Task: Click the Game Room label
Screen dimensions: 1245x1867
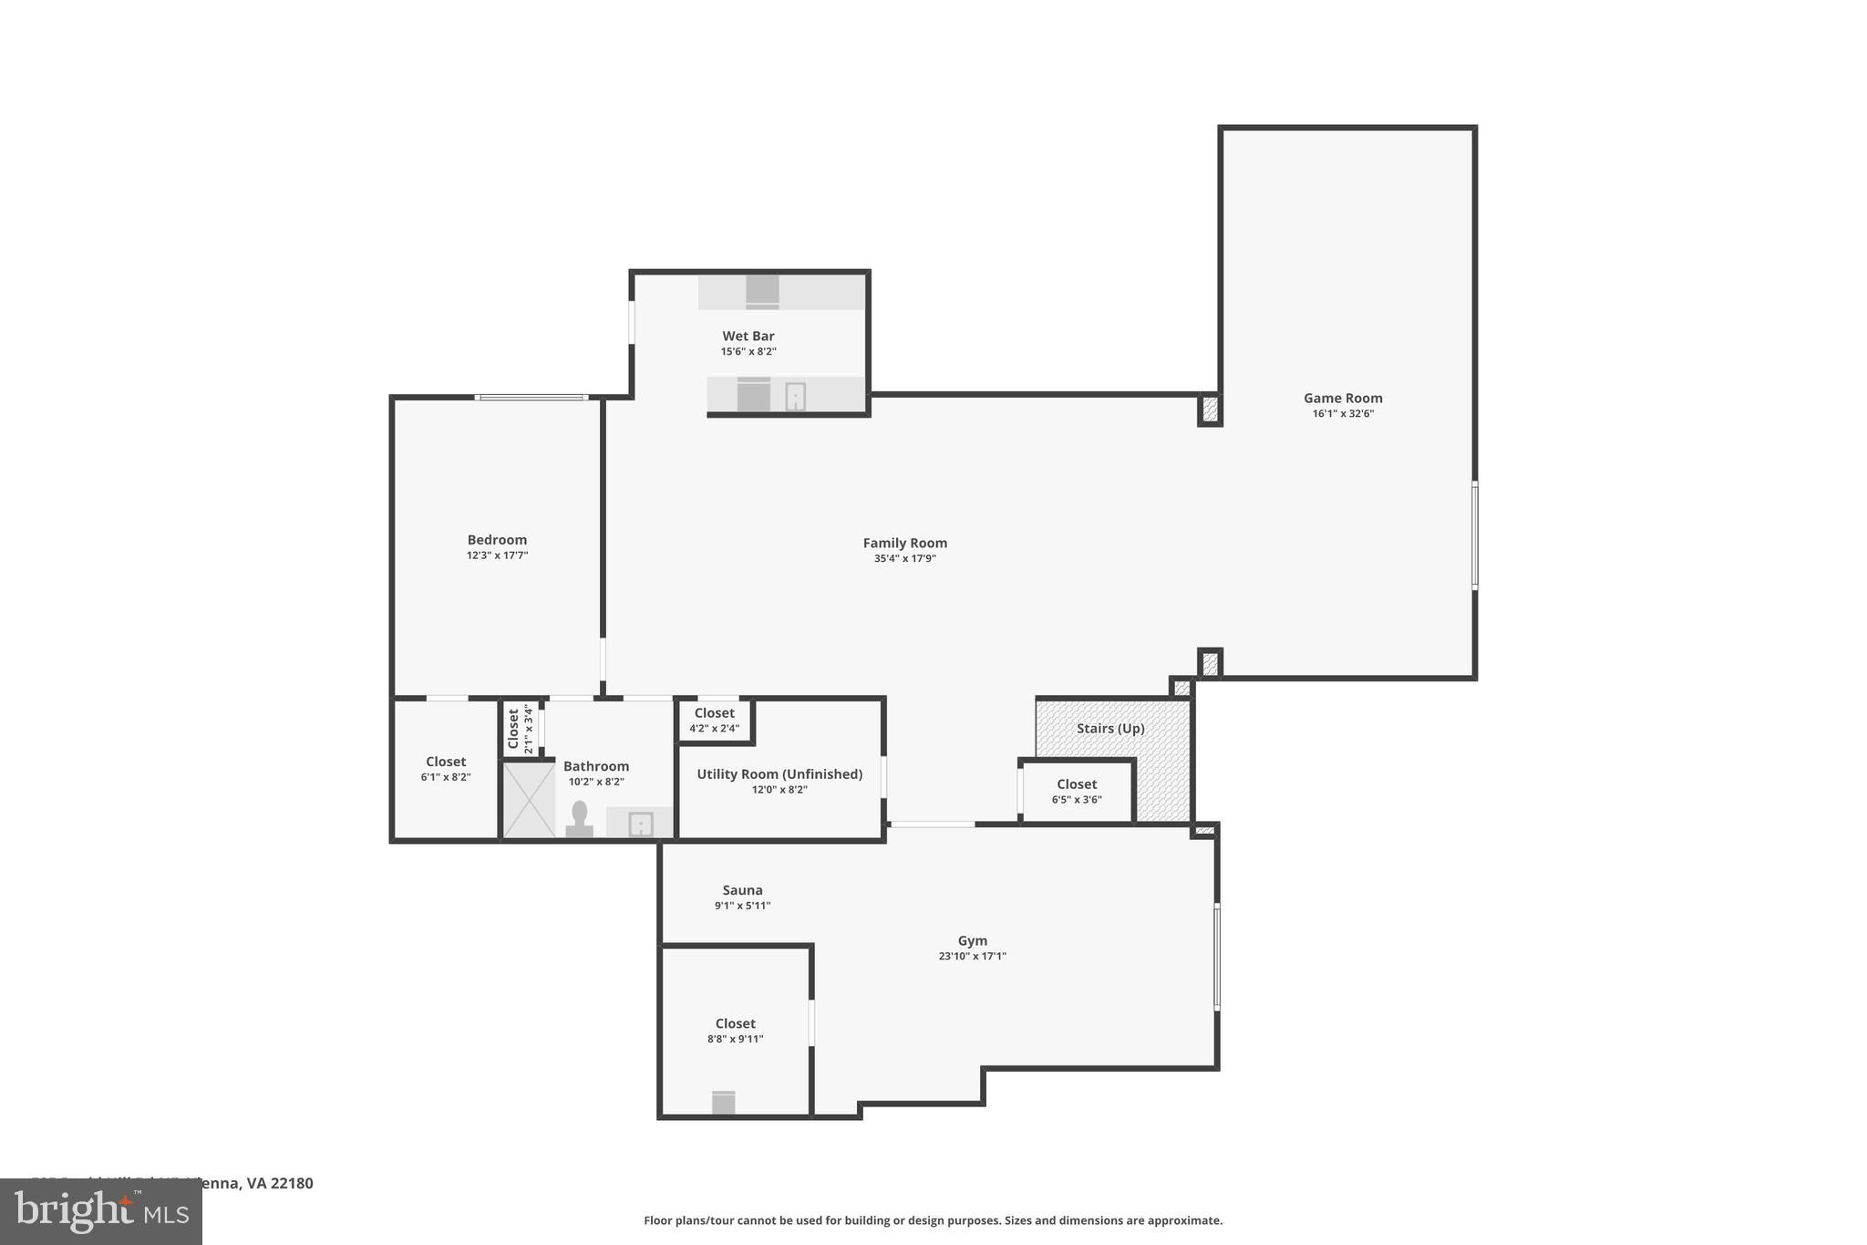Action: (1342, 398)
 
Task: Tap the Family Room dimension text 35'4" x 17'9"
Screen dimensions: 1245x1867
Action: (904, 558)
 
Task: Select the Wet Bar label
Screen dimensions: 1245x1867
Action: (748, 336)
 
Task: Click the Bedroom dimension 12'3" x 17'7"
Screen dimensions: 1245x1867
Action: (497, 555)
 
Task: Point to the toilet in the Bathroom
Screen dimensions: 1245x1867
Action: (579, 819)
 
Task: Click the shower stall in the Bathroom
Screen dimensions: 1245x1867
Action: (529, 800)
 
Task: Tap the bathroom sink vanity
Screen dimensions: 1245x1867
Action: (641, 824)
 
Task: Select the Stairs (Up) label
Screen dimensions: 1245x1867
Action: (1109, 728)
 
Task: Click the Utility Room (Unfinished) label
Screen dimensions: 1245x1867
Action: (779, 773)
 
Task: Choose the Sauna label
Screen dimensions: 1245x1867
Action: (742, 890)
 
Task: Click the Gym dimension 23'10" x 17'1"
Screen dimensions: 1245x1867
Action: (972, 956)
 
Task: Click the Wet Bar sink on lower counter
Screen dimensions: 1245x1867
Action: (795, 397)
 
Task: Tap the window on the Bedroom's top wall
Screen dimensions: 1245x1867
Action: (531, 397)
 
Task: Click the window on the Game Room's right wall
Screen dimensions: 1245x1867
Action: (1474, 535)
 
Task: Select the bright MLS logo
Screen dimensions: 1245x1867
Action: (100, 1212)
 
